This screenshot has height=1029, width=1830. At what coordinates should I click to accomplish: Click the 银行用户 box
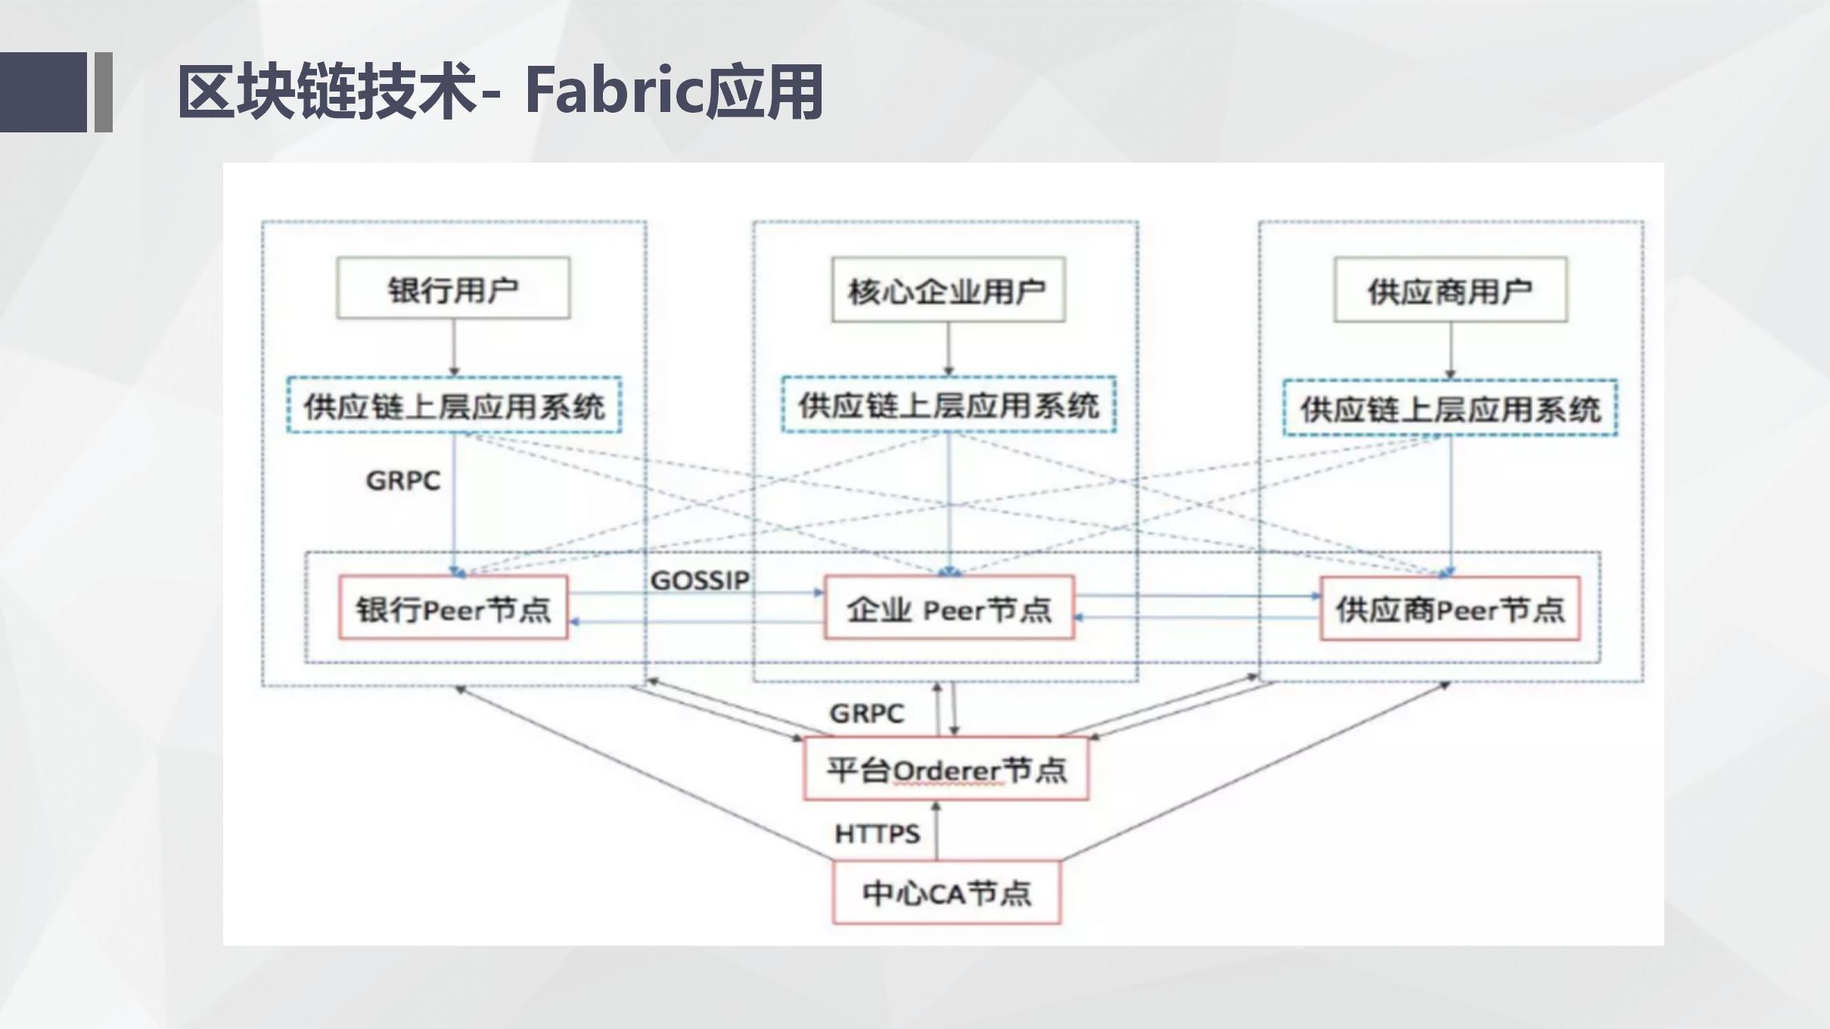tap(452, 288)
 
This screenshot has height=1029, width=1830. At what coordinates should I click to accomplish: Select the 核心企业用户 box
tap(948, 291)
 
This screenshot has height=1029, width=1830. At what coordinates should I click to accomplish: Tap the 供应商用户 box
tap(1449, 291)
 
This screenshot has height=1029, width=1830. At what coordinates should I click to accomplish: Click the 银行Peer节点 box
tap(452, 608)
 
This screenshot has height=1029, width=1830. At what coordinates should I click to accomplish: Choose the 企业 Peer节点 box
tap(949, 608)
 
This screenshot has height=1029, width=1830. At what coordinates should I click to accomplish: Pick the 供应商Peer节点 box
tap(1449, 609)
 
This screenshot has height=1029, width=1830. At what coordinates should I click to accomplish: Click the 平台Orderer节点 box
tap(946, 769)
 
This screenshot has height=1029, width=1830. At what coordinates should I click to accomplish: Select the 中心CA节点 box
tap(946, 893)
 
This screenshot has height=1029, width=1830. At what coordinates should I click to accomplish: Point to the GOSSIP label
tap(700, 580)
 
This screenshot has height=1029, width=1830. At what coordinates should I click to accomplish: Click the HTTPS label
tap(877, 834)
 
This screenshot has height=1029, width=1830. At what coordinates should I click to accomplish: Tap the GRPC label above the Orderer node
tap(867, 713)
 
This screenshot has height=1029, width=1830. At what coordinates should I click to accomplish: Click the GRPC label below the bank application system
tap(402, 480)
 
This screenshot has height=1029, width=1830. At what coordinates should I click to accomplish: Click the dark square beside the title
tap(43, 92)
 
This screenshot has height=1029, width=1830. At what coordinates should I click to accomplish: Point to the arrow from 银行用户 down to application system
tap(454, 347)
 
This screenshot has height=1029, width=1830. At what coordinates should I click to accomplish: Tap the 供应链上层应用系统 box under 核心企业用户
tap(949, 406)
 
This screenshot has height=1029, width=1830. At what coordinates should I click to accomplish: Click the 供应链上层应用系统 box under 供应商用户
tap(1449, 409)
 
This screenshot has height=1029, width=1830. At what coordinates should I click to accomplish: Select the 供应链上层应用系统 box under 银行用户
tap(454, 406)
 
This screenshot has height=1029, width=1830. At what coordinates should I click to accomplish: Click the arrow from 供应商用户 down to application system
tap(1450, 350)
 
